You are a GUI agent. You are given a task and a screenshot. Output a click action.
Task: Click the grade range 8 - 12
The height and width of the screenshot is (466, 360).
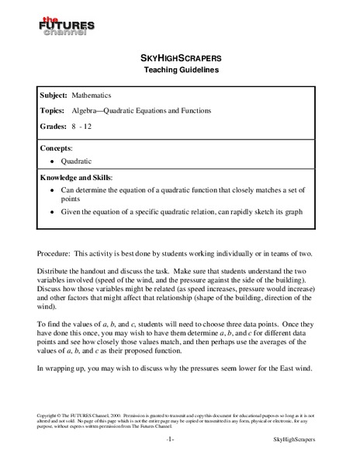coord(94,129)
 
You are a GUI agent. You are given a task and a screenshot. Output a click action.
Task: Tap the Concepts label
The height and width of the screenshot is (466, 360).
coord(61,147)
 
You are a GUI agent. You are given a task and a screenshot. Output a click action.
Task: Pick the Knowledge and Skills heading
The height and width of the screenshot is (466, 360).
coord(78,177)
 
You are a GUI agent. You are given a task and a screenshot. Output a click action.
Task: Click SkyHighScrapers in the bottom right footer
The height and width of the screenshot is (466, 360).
coord(296,440)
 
